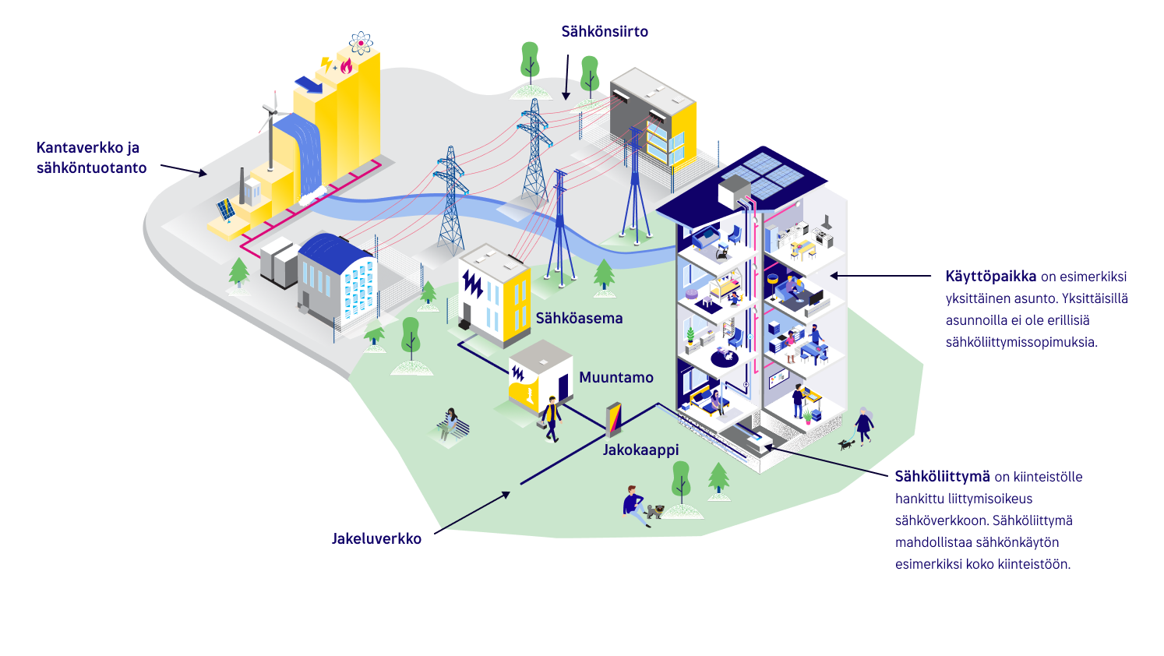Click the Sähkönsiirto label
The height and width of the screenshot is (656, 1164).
(x=605, y=32)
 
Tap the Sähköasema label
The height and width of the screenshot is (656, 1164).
(x=579, y=318)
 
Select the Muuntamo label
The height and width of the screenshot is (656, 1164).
(x=616, y=377)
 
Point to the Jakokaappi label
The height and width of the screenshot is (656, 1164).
(x=640, y=450)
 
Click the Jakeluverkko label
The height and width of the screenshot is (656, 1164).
(x=376, y=538)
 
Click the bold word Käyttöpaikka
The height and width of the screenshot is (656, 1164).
(x=990, y=277)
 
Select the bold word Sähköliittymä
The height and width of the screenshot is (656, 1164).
(x=942, y=477)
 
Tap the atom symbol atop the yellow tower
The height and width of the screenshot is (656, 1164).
(x=362, y=43)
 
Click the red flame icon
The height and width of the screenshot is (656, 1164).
(x=347, y=66)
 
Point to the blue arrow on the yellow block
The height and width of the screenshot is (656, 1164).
(x=309, y=84)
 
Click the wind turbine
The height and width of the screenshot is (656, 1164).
(x=270, y=130)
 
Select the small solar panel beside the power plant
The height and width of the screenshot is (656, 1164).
(x=226, y=210)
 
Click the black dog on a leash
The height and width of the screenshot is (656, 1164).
(x=846, y=444)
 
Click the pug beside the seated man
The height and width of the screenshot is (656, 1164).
(x=654, y=511)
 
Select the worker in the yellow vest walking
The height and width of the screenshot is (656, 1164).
(x=551, y=419)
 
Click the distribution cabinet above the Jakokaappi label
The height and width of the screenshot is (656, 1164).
(x=614, y=419)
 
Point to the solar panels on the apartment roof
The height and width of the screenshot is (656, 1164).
(x=762, y=175)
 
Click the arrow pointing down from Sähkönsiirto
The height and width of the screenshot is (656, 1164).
(x=567, y=77)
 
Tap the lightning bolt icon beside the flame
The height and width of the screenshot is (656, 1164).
(x=326, y=65)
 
